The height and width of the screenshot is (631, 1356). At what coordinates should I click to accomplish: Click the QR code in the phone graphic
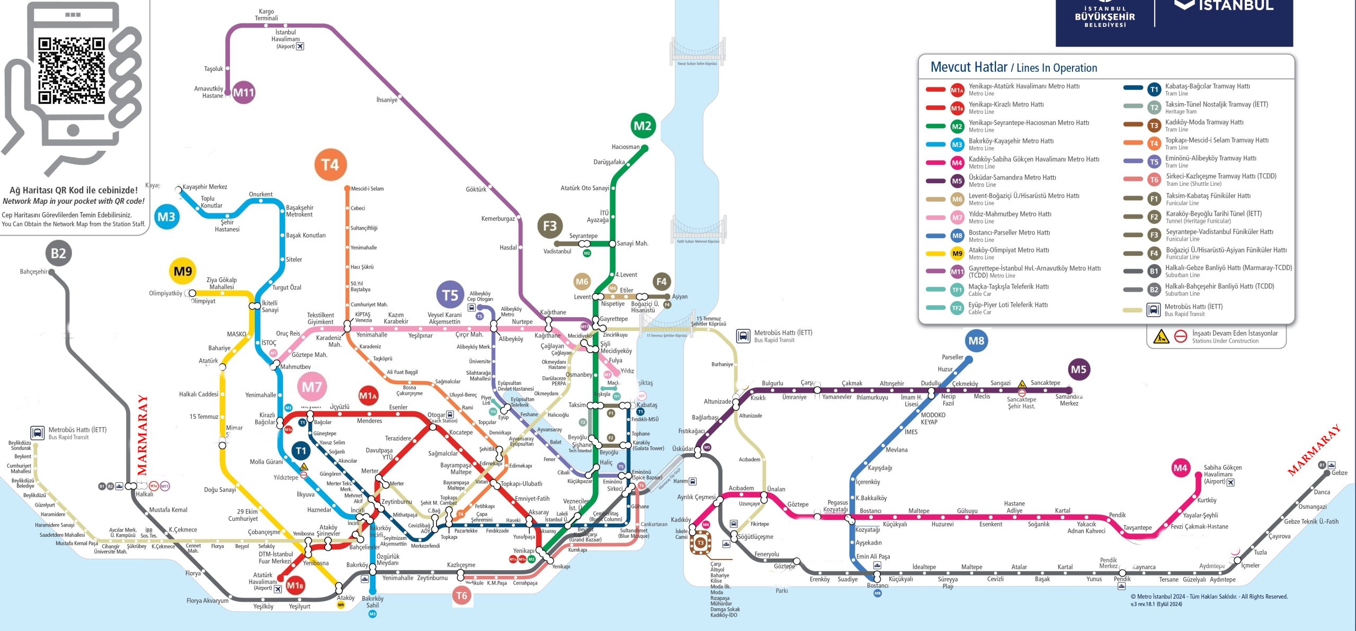[72, 70]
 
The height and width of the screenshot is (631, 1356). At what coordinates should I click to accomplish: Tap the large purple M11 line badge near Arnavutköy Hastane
[244, 93]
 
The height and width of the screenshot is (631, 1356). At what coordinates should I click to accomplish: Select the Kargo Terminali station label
[266, 15]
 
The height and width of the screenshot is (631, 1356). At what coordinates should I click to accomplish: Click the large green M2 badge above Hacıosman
[643, 126]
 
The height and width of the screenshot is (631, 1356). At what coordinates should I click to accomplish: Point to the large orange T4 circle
[330, 165]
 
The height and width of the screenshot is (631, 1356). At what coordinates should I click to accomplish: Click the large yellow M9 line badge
[183, 272]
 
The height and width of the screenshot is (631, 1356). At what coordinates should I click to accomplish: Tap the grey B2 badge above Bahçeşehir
[58, 253]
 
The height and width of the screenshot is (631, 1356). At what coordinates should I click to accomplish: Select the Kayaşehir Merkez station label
[204, 187]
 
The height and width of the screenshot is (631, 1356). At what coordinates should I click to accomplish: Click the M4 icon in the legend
[957, 163]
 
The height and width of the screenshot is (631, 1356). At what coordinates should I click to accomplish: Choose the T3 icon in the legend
[1154, 125]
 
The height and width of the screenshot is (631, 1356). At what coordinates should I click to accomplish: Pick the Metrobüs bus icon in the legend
[1153, 310]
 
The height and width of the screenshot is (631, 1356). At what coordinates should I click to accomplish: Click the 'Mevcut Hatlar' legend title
[969, 67]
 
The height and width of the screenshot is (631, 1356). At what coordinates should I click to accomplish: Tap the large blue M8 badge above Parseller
[976, 341]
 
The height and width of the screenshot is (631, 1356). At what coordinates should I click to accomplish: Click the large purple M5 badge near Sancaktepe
[1078, 369]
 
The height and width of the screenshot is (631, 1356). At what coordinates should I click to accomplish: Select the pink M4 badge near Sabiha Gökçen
[1180, 468]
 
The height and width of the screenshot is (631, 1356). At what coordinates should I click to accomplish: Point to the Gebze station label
[1339, 473]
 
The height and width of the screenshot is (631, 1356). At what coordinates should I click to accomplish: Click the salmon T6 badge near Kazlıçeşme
[461, 596]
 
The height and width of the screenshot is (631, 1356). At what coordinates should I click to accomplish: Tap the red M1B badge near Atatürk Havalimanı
[295, 585]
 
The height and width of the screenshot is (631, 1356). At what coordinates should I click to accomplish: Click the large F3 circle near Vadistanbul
[550, 226]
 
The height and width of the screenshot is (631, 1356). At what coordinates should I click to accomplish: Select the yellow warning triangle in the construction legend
[1161, 337]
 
